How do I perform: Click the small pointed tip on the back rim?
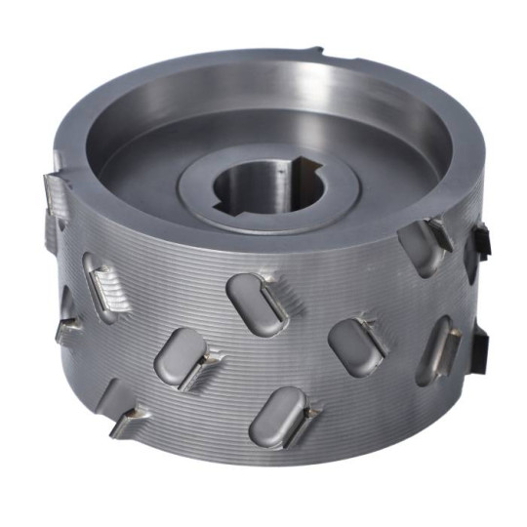click(x=321, y=49)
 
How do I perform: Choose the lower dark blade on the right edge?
click(x=480, y=342)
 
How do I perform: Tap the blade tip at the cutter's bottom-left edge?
click(x=127, y=422)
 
